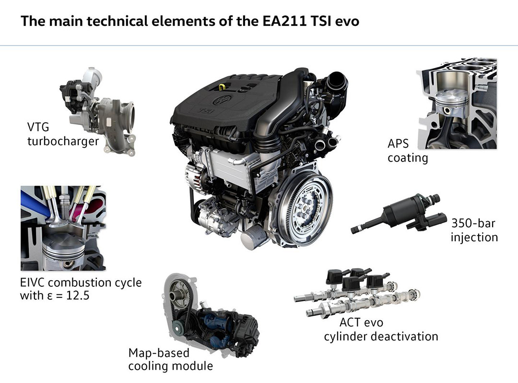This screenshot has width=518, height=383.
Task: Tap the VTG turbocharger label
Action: [63, 134]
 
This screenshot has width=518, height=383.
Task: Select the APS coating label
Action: [408, 151]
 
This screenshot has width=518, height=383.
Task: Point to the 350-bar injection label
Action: [474, 230]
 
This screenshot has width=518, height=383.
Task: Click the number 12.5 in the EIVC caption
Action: [78, 295]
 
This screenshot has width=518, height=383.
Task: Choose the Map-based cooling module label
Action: [170, 360]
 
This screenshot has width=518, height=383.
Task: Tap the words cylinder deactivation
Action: [381, 337]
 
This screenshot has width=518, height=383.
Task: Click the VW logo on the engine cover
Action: [223, 99]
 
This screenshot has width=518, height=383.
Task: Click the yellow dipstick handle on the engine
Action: [222, 87]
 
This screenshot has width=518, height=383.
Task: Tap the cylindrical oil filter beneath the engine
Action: [255, 237]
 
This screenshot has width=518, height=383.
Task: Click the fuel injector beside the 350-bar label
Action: [397, 213]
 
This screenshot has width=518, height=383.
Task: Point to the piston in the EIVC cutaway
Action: [64, 249]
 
